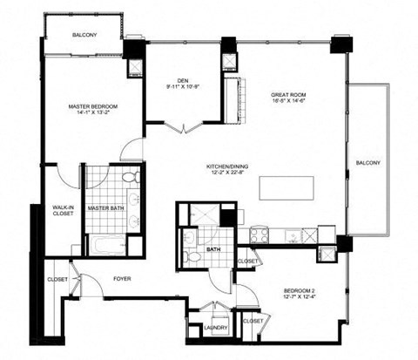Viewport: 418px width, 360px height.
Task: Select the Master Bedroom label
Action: click(93, 105)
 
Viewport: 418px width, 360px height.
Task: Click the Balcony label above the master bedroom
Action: click(84, 35)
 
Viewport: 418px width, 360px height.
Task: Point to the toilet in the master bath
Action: click(130, 178)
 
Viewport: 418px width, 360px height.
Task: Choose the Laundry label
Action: click(216, 328)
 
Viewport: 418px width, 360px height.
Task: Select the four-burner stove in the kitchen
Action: click(259, 234)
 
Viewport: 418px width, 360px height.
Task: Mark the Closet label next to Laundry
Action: click(253, 321)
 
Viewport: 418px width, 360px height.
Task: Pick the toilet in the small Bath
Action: click(189, 256)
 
